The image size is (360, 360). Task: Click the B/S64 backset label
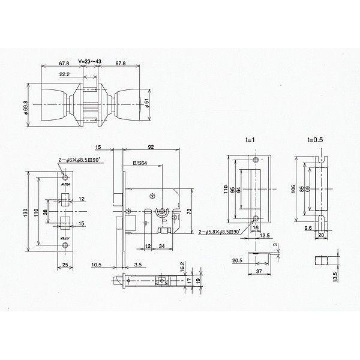coord(139,163)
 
